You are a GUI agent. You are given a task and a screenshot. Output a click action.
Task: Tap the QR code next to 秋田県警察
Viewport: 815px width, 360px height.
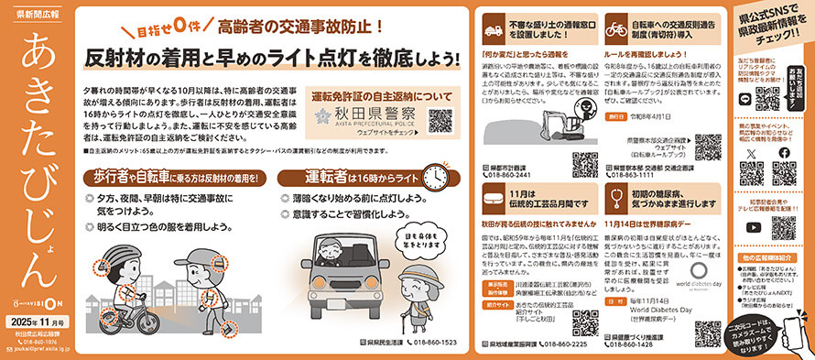[x=440, y=120]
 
